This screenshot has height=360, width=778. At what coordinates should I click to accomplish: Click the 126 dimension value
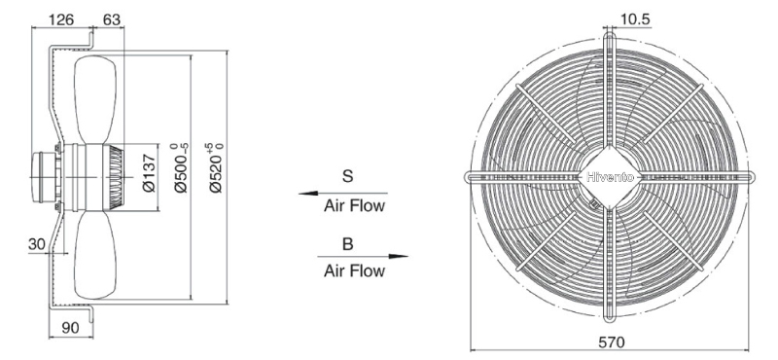tap(61, 19)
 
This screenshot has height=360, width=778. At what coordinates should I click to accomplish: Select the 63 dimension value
tap(111, 19)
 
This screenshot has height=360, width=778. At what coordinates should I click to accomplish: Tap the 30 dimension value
tap(37, 244)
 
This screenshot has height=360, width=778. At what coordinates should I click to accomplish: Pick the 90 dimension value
tap(71, 328)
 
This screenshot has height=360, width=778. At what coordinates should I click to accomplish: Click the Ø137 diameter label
tap(149, 173)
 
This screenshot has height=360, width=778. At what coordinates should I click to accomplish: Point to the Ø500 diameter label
tap(182, 167)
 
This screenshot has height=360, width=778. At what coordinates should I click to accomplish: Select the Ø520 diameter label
tap(216, 167)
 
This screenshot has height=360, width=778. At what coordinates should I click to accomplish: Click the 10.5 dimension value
tap(635, 18)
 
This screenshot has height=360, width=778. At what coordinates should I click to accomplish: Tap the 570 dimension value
tap(612, 342)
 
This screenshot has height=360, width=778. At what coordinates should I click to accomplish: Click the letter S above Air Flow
tap(348, 176)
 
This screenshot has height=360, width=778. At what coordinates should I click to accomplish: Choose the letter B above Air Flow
tap(348, 244)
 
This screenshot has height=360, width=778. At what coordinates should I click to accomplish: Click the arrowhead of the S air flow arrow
tap(307, 194)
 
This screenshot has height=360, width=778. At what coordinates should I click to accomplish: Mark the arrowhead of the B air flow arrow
tap(399, 256)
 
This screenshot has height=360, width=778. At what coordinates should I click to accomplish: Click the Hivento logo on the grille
tap(610, 177)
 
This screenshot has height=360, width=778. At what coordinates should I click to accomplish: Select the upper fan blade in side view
tap(95, 100)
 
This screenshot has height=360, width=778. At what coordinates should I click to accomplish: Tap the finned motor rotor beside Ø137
tap(116, 177)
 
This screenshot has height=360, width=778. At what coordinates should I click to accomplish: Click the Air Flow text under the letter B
tap(354, 270)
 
